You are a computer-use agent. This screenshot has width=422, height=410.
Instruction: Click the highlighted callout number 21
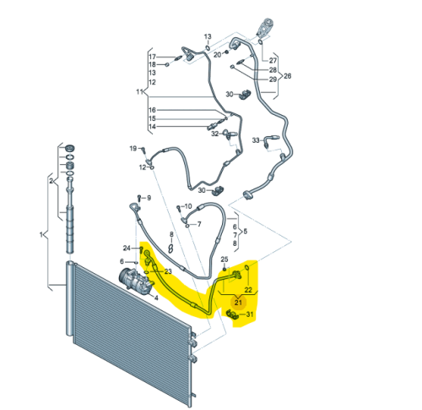[238, 303]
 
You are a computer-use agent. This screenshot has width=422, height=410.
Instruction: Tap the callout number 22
[248, 290]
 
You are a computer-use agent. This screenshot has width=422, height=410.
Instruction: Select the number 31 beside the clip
[250, 314]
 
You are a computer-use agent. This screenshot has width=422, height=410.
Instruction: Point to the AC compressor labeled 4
[136, 280]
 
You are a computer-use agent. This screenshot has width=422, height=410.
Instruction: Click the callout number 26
[287, 76]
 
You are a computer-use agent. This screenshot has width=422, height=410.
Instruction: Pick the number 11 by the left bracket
[139, 92]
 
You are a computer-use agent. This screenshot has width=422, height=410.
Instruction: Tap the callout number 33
[256, 140]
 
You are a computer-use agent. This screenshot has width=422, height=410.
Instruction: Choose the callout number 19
[133, 148]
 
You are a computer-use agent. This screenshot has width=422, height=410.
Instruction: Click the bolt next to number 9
[139, 198]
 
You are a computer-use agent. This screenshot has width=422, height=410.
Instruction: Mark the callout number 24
[127, 248]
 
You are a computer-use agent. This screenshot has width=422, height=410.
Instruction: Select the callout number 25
[225, 259]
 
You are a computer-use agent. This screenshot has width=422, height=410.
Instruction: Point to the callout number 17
[152, 57]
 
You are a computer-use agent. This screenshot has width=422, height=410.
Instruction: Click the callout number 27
[273, 60]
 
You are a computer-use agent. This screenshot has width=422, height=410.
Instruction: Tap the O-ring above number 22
[246, 267]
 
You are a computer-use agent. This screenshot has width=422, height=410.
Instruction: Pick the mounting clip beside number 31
[233, 314]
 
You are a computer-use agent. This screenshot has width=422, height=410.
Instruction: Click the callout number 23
[168, 271]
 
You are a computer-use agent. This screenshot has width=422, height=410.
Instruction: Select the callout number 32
[215, 134]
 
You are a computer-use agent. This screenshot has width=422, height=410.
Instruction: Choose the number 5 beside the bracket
[246, 232]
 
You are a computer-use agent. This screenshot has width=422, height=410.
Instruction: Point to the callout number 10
[188, 206]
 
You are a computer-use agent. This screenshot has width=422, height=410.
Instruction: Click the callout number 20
[217, 55]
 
